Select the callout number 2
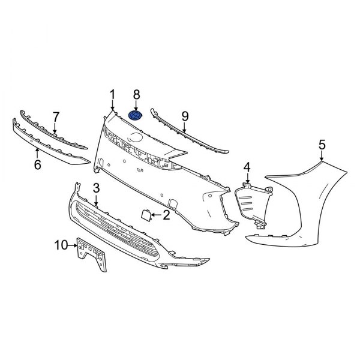[x=166, y=214]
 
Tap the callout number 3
[x=96, y=190]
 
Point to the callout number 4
[x=247, y=166]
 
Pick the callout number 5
[x=322, y=144]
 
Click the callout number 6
[x=37, y=164]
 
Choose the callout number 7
[x=56, y=116]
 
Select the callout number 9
[x=185, y=115]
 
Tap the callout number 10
[x=61, y=244]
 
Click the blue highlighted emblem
[x=136, y=116]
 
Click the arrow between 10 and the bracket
[x=73, y=245]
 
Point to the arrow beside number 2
[x=156, y=214]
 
